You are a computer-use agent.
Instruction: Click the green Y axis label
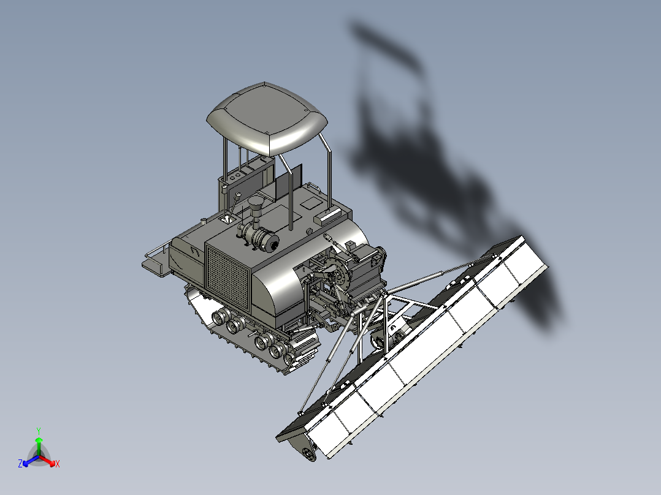[38, 431]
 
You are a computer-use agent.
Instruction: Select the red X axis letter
[58, 464]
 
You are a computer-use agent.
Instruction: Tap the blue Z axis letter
[20, 464]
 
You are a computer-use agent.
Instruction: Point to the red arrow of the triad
[49, 461]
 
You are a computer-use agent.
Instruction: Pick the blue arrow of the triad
[28, 461]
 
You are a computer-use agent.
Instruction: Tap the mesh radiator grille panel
[228, 274]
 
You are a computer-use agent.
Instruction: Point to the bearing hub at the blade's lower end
[307, 453]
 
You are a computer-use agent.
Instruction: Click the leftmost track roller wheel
[219, 317]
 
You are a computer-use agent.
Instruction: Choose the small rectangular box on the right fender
[326, 216]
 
